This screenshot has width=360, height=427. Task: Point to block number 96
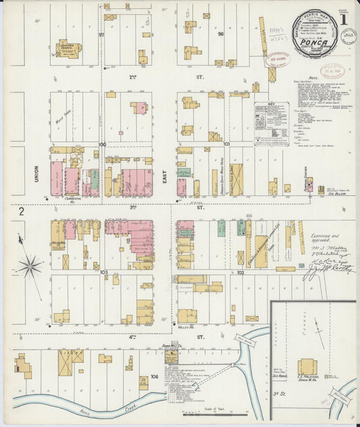(220, 34)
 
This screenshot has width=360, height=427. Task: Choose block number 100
(103, 144)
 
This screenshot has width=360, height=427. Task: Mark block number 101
(227, 144)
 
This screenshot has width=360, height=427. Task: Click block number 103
(103, 272)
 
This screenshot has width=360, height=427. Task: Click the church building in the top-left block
(68, 49)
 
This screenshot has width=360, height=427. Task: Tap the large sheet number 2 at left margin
(22, 212)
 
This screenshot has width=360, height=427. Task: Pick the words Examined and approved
(328, 238)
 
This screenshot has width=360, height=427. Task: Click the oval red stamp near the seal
(276, 59)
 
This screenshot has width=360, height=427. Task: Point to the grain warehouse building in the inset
(308, 367)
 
